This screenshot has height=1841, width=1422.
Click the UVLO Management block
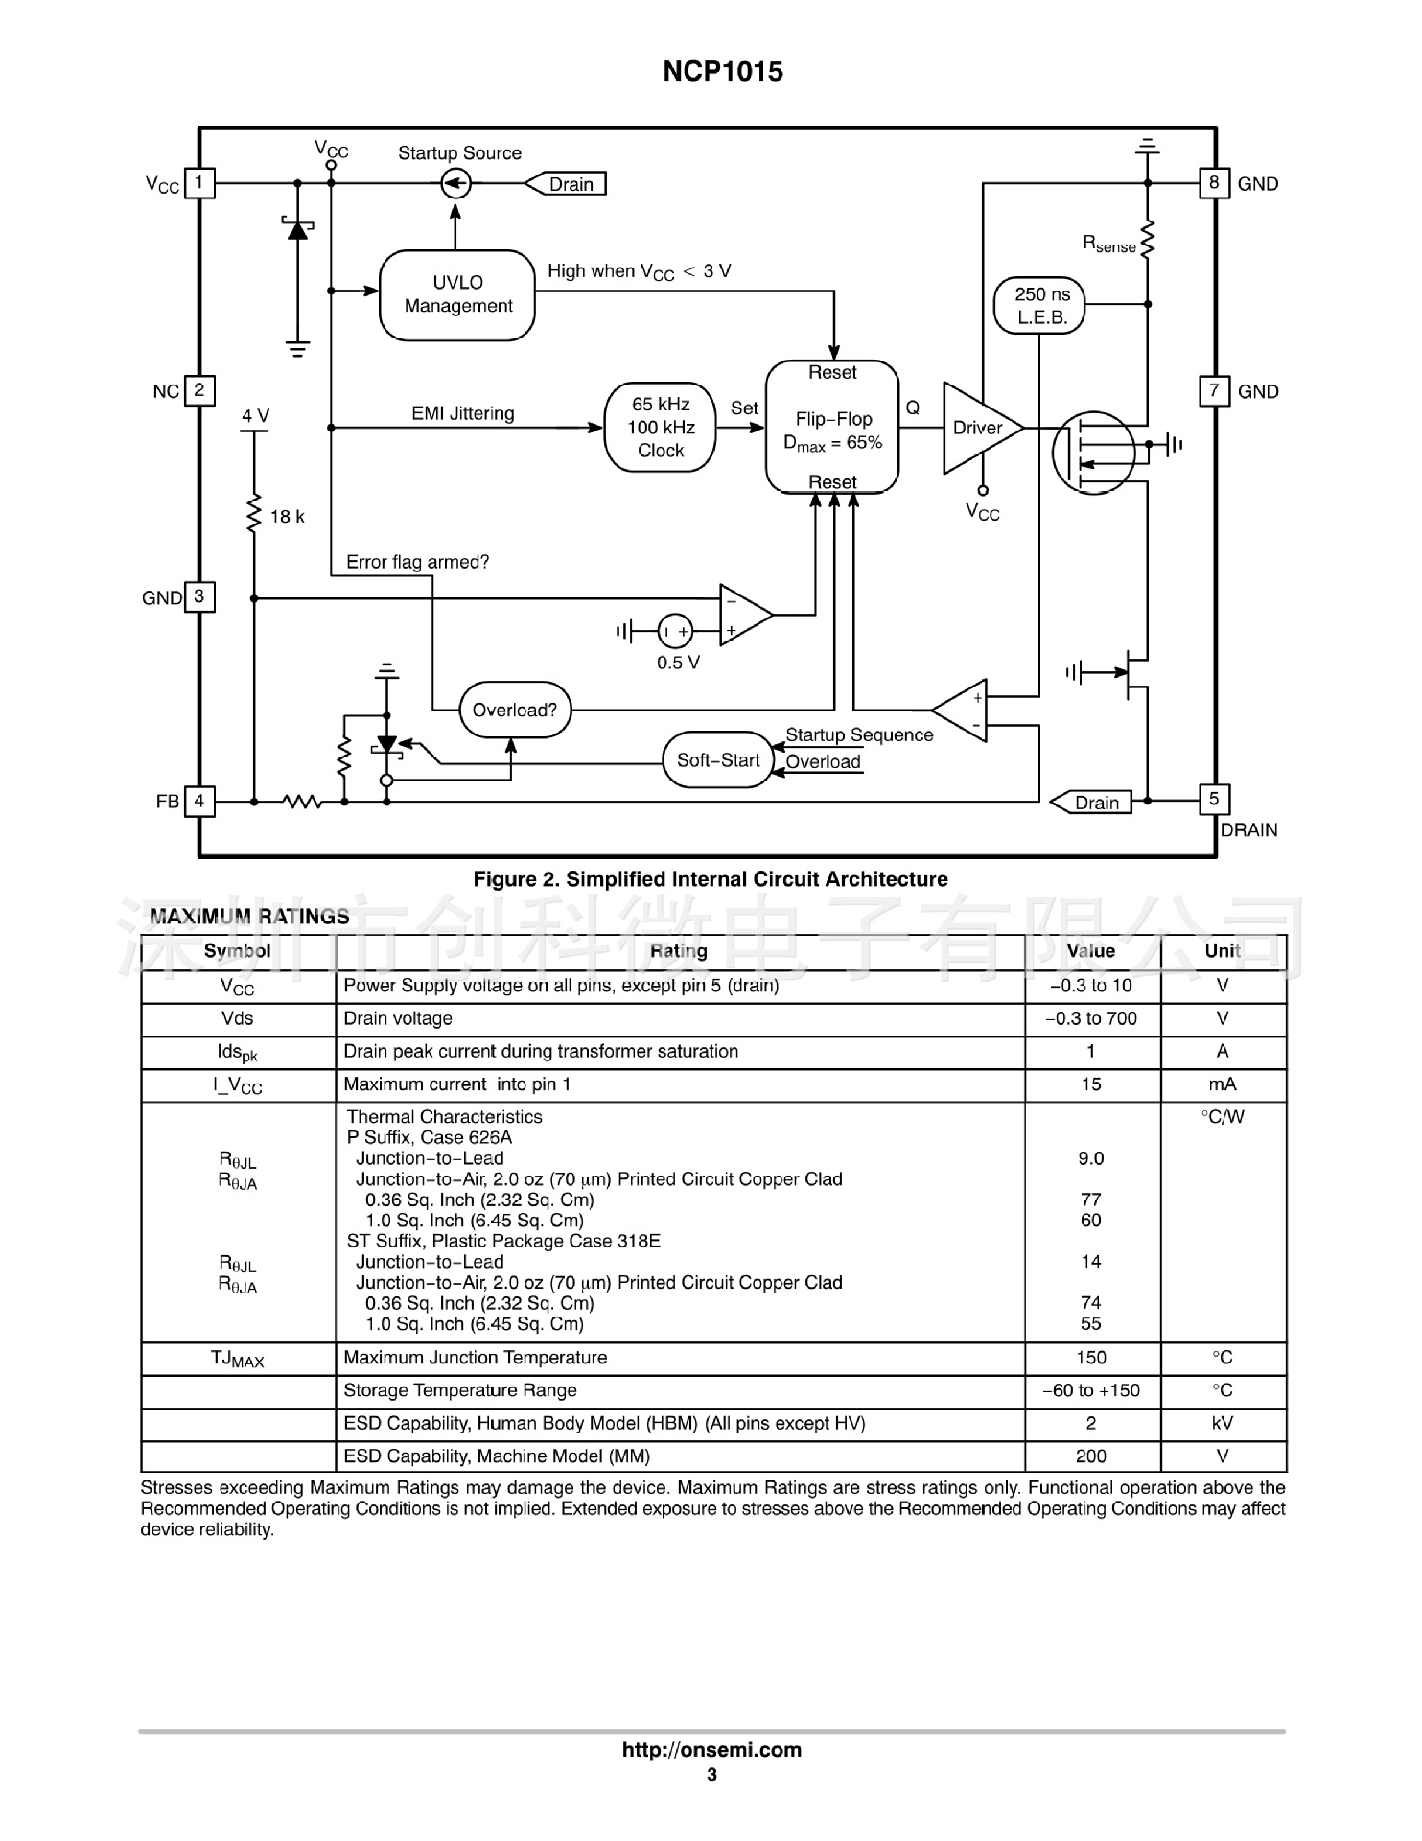pyautogui.click(x=457, y=295)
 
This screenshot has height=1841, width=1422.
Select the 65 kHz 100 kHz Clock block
pyautogui.click(x=660, y=428)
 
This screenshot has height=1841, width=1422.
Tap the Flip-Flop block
pyautogui.click(x=832, y=428)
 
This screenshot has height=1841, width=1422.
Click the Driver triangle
pyautogui.click(x=978, y=428)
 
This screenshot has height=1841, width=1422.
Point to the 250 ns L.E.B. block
pyautogui.click(x=1041, y=306)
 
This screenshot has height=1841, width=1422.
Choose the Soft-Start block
pyautogui.click(x=718, y=760)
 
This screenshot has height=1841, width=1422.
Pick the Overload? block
pyautogui.click(x=515, y=711)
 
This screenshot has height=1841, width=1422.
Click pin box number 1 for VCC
pyautogui.click(x=199, y=182)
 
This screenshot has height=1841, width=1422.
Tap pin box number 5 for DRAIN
pyautogui.click(x=1214, y=799)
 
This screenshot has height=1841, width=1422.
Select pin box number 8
pyautogui.click(x=1214, y=182)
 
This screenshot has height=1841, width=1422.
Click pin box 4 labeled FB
pyautogui.click(x=199, y=801)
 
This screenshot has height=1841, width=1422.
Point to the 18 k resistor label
pyautogui.click(x=287, y=517)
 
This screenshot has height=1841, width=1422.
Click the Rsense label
pyautogui.click(x=1109, y=244)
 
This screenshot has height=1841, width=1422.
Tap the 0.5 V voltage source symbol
pyautogui.click(x=675, y=631)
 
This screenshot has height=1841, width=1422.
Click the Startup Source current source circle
pyautogui.click(x=456, y=183)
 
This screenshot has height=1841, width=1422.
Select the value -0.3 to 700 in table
pyautogui.click(x=1091, y=1018)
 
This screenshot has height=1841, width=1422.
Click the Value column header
pyautogui.click(x=1091, y=951)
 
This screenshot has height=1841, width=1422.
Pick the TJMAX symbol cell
pyautogui.click(x=237, y=1359)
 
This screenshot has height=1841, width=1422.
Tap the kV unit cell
pyautogui.click(x=1223, y=1423)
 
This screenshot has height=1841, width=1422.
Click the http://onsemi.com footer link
pyautogui.click(x=711, y=1750)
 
